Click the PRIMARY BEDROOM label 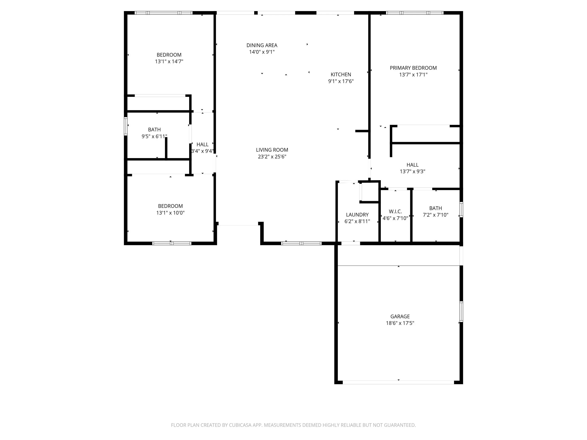point(413,68)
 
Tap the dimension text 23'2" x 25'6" point(272,156)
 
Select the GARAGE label point(400,316)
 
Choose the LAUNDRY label point(357,215)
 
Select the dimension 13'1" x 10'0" point(170,213)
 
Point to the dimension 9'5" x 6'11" point(154,136)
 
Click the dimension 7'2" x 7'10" point(436,215)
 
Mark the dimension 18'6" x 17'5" point(400,323)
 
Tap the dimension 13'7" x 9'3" point(412,171)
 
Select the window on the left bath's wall point(126,126)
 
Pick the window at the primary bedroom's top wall point(414,13)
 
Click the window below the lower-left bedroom point(172,243)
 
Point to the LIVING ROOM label point(272,150)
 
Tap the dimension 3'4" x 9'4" point(202,151)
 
